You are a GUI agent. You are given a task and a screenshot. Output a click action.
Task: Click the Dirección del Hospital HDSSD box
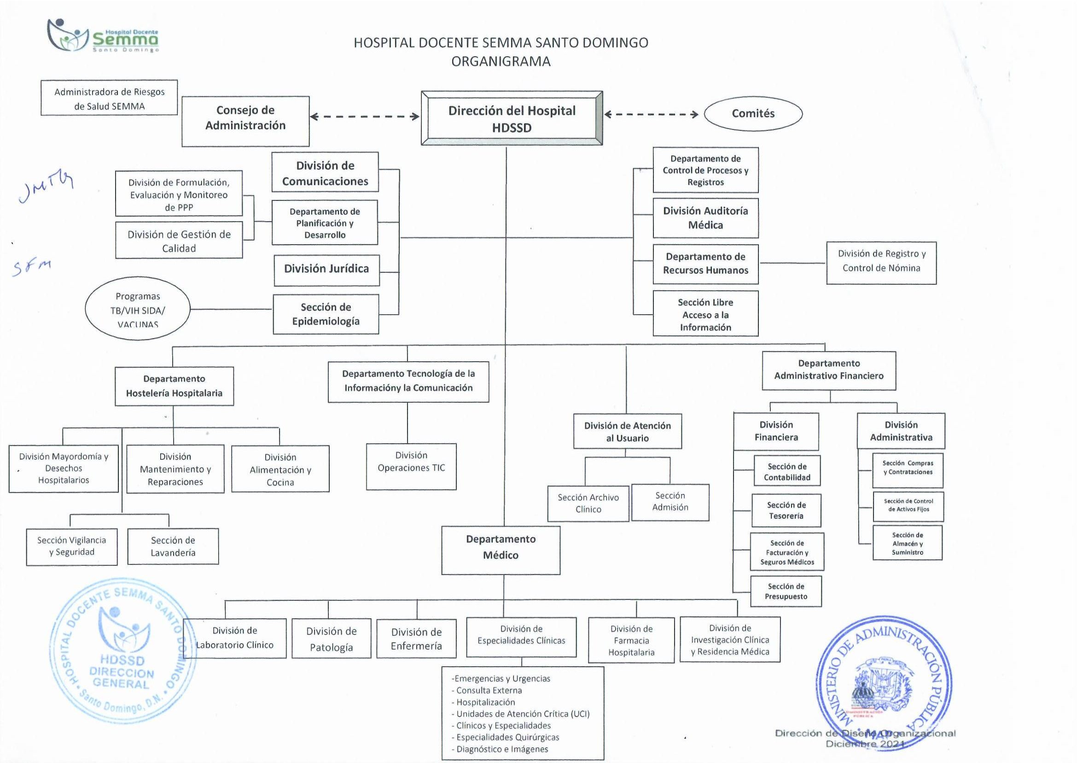(x=512, y=118)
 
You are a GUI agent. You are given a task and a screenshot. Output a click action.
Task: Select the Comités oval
(x=753, y=114)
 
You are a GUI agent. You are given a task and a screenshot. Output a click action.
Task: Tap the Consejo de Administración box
(x=245, y=121)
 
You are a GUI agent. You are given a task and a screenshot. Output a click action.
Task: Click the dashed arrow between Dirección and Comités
(x=651, y=114)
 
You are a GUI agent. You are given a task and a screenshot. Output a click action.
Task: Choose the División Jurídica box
(x=326, y=270)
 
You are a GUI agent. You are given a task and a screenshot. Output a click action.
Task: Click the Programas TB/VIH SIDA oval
(x=138, y=309)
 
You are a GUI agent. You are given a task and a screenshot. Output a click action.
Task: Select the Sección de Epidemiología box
(x=326, y=314)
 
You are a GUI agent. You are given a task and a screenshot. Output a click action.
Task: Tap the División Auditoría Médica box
(x=705, y=218)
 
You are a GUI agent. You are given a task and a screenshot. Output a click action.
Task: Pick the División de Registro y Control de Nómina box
(x=881, y=263)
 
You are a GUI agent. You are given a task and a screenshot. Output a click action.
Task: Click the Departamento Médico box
(x=501, y=550)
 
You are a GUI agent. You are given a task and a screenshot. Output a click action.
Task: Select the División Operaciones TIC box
(x=411, y=466)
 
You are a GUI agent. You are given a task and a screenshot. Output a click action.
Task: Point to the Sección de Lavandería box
(x=173, y=546)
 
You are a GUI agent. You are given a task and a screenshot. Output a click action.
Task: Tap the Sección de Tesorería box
(x=786, y=510)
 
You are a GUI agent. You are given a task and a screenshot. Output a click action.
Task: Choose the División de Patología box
(x=331, y=639)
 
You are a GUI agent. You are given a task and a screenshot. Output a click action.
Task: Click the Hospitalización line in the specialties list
(x=485, y=702)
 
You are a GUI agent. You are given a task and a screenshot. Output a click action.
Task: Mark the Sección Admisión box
(x=670, y=502)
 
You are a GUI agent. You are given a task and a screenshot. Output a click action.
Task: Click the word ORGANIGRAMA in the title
(x=501, y=62)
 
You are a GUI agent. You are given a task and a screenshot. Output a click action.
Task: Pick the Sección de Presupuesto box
(x=786, y=591)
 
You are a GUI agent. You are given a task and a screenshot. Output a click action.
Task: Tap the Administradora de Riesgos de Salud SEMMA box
(x=109, y=98)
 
